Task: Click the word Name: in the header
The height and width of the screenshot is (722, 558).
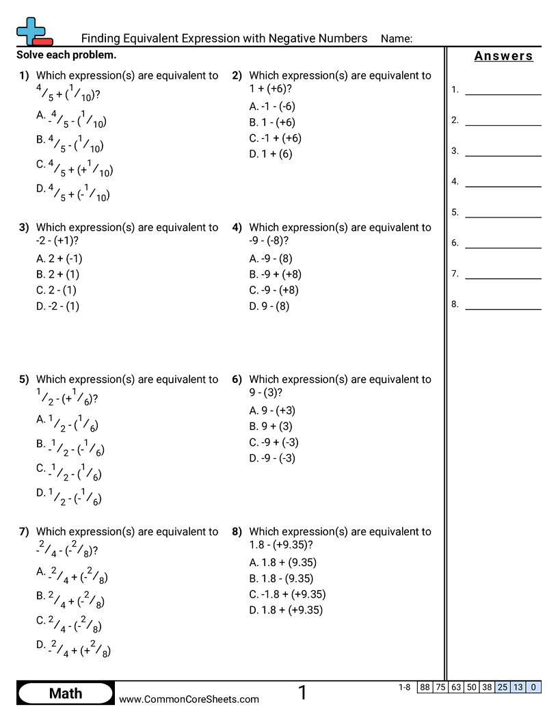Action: [396, 39]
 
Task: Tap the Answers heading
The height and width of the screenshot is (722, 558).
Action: [503, 56]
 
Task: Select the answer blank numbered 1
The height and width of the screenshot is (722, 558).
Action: [503, 90]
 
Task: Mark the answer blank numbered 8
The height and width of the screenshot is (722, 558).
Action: [503, 305]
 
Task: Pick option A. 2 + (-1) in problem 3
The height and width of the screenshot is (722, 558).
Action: [59, 258]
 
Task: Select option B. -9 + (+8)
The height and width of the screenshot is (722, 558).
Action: [275, 274]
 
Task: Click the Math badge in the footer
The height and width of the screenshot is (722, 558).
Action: [65, 693]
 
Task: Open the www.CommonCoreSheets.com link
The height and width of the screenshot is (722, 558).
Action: [189, 699]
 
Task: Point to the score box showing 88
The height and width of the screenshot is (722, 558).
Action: [425, 687]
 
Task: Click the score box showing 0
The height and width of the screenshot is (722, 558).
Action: [533, 687]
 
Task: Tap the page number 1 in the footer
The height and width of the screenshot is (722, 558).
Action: [302, 693]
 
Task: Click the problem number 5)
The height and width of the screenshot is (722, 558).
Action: [24, 379]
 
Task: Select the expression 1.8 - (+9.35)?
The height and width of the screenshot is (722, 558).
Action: [281, 545]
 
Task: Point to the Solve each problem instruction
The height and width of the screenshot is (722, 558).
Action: [66, 55]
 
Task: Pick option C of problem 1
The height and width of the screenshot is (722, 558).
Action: [75, 168]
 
